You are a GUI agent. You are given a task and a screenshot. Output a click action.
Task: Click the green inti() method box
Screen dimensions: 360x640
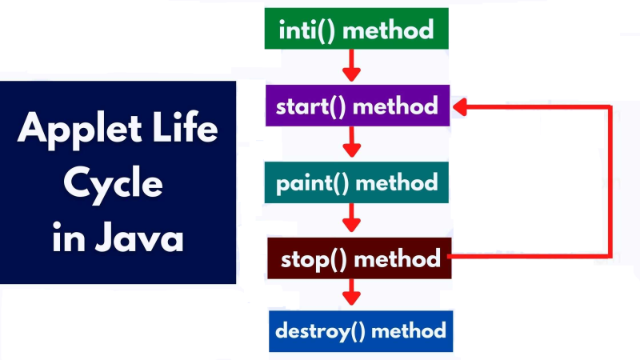click(x=356, y=30)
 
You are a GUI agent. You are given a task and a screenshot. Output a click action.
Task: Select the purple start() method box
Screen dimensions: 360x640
click(x=356, y=106)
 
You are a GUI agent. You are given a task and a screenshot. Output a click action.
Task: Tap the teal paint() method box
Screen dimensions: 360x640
click(x=356, y=182)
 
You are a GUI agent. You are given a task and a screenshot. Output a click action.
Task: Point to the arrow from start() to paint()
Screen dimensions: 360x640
click(x=350, y=142)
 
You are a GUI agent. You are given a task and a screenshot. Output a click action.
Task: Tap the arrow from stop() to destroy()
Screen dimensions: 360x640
click(x=350, y=292)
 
